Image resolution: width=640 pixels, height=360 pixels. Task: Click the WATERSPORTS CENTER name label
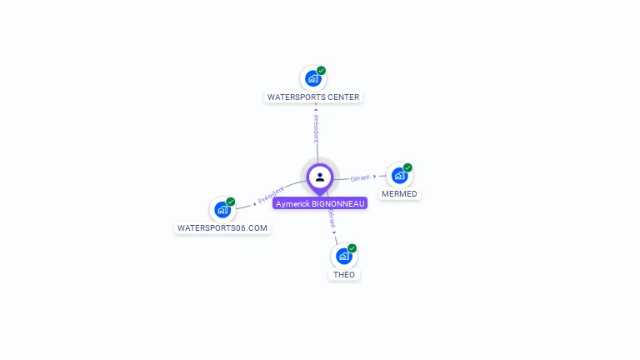tap(313, 97)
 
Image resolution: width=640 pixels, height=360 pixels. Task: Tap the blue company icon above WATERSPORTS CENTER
tap(312, 78)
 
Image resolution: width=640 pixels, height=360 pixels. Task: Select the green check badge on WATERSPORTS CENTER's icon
tap(322, 71)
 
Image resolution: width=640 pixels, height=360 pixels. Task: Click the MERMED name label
tap(399, 194)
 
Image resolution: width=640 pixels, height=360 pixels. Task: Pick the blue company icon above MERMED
tap(399, 176)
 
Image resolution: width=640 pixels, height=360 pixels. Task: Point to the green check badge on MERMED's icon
tap(408, 167)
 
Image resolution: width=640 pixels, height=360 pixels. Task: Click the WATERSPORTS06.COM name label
tap(222, 228)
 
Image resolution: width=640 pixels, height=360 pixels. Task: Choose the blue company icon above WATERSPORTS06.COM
tap(222, 209)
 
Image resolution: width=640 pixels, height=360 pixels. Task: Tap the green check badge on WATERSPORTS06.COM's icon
tap(231, 202)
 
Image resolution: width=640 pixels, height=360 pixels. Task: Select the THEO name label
tap(344, 275)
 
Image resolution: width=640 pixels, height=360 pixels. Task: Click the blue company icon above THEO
tap(343, 256)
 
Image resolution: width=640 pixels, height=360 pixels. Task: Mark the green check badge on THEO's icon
tap(352, 248)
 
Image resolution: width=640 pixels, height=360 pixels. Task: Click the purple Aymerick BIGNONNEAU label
tap(320, 203)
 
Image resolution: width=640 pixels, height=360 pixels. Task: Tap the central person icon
tap(320, 177)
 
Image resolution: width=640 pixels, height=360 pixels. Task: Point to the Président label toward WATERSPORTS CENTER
tap(316, 128)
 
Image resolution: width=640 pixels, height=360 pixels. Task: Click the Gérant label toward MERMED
tap(360, 177)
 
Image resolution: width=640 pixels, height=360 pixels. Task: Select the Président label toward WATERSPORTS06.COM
tap(271, 196)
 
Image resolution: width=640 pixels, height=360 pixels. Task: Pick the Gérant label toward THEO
tap(331, 219)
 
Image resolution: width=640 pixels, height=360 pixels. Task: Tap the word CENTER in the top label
tap(343, 97)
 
